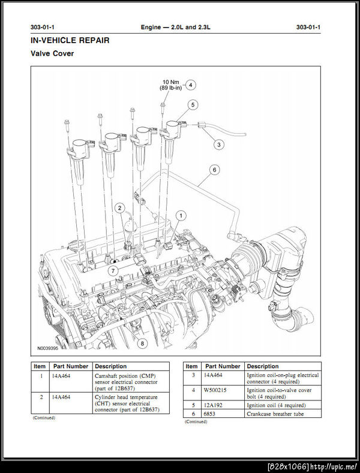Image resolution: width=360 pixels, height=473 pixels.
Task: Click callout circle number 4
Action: click(x=191, y=85)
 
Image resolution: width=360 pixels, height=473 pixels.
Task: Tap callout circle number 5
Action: click(x=192, y=105)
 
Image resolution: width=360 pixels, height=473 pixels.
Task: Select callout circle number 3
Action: click(x=219, y=144)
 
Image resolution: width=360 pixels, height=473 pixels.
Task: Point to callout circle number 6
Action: click(x=214, y=170)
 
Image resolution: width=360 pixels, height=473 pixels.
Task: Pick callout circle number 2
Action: click(x=120, y=208)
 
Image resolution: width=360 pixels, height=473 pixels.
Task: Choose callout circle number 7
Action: click(x=112, y=272)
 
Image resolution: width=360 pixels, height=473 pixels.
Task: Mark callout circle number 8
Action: click(x=142, y=344)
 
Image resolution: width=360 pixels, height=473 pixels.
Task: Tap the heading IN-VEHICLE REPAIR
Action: click(x=70, y=40)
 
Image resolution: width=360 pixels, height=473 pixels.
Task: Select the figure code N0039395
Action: click(x=47, y=348)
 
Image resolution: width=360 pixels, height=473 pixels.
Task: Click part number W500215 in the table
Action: click(x=215, y=391)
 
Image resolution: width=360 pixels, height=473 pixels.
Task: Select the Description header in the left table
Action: click(x=111, y=366)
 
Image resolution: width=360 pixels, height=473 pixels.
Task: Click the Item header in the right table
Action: click(x=191, y=366)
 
